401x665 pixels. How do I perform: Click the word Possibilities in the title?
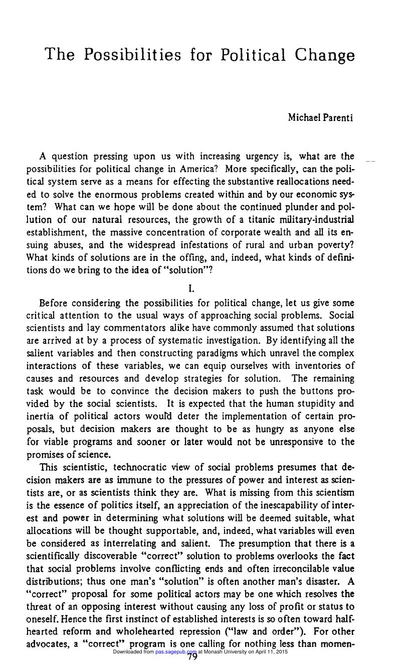tap(133, 55)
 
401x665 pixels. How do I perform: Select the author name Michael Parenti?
tap(321, 117)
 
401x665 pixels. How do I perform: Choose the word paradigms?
tap(224, 353)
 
